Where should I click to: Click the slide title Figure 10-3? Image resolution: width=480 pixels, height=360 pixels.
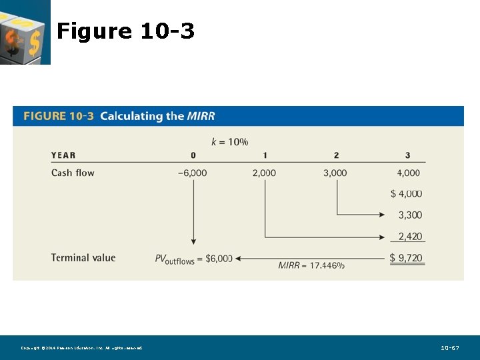pyautogui.click(x=125, y=31)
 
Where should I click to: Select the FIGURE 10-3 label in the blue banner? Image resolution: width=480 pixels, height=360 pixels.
pyautogui.click(x=59, y=116)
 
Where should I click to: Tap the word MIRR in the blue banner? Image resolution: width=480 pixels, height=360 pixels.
pyautogui.click(x=201, y=116)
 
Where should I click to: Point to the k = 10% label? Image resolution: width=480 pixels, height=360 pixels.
pyautogui.click(x=229, y=141)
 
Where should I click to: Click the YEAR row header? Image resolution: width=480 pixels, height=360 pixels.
pyautogui.click(x=63, y=155)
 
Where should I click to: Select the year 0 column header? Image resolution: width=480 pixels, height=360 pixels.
pyautogui.click(x=193, y=155)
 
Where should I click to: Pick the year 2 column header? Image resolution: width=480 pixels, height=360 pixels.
pyautogui.click(x=336, y=155)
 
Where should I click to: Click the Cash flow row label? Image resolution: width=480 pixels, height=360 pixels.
pyautogui.click(x=73, y=173)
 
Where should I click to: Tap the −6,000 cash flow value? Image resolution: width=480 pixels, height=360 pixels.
pyautogui.click(x=192, y=173)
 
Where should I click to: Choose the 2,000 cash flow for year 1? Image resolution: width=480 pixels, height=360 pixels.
pyautogui.click(x=264, y=173)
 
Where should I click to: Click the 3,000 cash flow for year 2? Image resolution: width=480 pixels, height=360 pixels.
pyautogui.click(x=335, y=173)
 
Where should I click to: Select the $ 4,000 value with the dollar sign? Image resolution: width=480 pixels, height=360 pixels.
pyautogui.click(x=406, y=193)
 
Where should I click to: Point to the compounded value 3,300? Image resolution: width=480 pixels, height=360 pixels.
pyautogui.click(x=410, y=215)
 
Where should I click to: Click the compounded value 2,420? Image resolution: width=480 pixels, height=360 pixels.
pyautogui.click(x=410, y=236)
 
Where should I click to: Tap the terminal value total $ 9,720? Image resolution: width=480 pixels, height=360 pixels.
pyautogui.click(x=406, y=258)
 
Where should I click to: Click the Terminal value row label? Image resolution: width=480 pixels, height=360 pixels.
pyautogui.click(x=83, y=258)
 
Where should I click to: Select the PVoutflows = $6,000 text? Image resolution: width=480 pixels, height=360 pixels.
pyautogui.click(x=193, y=259)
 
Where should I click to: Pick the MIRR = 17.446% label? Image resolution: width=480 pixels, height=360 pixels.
pyautogui.click(x=311, y=265)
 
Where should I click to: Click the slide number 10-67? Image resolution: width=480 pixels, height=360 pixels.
pyautogui.click(x=450, y=348)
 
